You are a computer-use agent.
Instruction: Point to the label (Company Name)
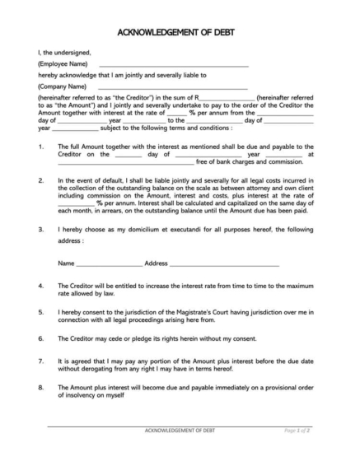(x=63, y=86)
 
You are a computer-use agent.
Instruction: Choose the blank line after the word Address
(x=224, y=264)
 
